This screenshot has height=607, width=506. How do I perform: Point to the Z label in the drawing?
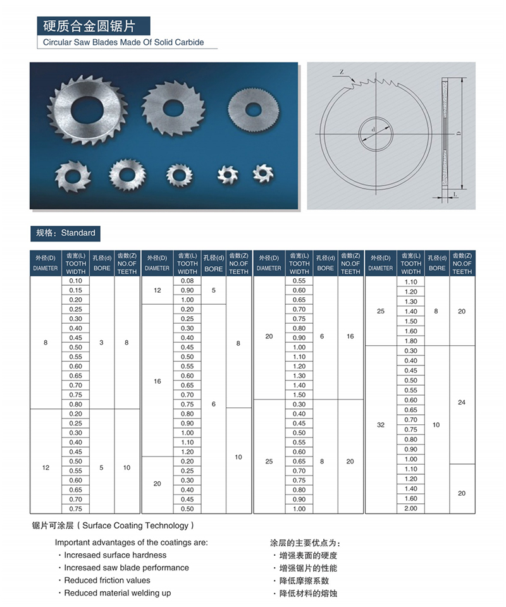pyautogui.click(x=342, y=72)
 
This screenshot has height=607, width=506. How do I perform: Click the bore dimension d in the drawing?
pyautogui.click(x=374, y=130)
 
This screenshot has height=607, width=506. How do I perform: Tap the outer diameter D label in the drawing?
pyautogui.click(x=457, y=133)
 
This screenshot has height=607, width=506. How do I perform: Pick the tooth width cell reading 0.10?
pyautogui.click(x=75, y=281)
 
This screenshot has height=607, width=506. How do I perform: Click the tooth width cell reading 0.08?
pyautogui.click(x=187, y=281)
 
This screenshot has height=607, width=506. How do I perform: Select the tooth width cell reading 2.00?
pyautogui.click(x=410, y=508)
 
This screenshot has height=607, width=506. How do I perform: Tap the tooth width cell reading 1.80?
pyautogui.click(x=410, y=341)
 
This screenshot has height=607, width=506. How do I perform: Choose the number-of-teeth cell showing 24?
pyautogui.click(x=462, y=402)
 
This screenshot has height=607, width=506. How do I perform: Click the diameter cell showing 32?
pyautogui.click(x=380, y=425)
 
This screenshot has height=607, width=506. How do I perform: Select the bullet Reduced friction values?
pyautogui.click(x=107, y=580)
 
